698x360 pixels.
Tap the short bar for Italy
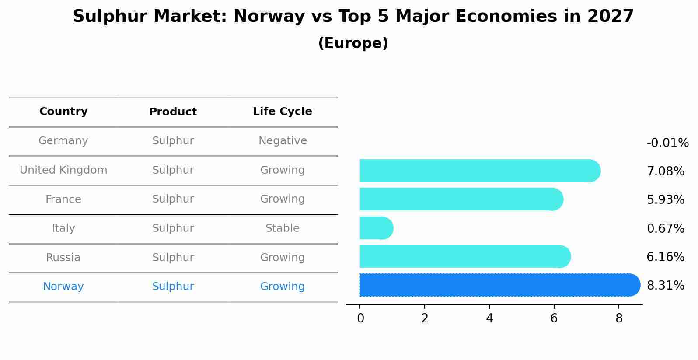[375, 228]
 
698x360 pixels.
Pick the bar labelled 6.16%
[464, 256]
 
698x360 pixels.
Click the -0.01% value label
[667, 143]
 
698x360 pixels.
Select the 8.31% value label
[665, 286]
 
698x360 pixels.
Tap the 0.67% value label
[665, 228]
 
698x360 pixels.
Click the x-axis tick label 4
[489, 318]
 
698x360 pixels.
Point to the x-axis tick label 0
[360, 318]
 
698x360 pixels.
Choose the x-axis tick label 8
[619, 318]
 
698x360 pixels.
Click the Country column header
[63, 112]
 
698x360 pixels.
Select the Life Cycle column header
[282, 112]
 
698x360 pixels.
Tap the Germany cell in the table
[63, 141]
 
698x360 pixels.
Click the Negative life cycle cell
[282, 141]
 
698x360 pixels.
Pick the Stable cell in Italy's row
[282, 228]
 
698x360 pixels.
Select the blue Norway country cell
[63, 287]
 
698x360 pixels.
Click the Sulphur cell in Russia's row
[173, 258]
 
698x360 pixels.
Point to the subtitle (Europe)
[353, 43]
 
